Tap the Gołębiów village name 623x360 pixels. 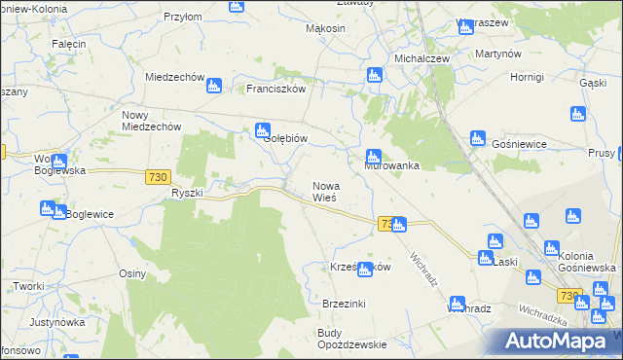[286, 138]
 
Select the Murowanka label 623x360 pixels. [392, 165]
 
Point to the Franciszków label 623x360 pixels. [276, 89]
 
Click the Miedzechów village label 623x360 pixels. [173, 77]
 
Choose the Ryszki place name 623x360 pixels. [187, 193]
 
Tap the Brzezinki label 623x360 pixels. [344, 304]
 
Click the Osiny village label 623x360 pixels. [132, 273]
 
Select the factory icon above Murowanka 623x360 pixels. [373, 156]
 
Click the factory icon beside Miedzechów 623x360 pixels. [214, 86]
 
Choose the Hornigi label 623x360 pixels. [526, 76]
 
